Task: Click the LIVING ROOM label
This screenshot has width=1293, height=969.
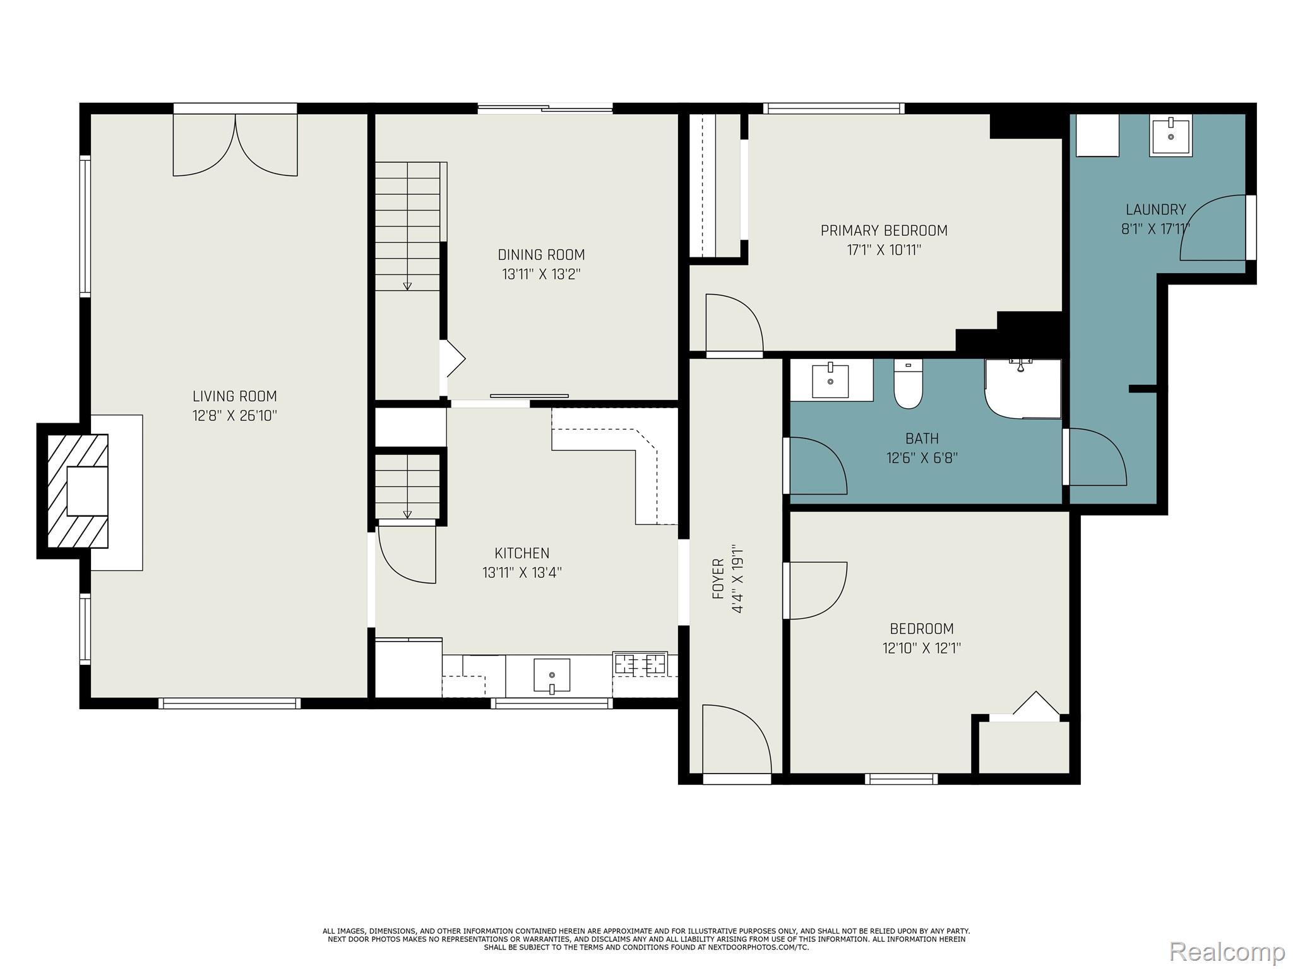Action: coord(234,396)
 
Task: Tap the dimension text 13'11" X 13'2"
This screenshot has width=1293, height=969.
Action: coord(541,274)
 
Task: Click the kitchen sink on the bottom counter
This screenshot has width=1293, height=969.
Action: coord(551,676)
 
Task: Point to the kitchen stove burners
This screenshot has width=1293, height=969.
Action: coord(641,664)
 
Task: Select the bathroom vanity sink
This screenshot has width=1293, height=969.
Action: coord(830,380)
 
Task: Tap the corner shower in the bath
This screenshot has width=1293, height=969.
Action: coord(1023,389)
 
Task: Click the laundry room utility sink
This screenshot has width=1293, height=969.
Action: coord(1171,136)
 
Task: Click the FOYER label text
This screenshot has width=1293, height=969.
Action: coord(718,578)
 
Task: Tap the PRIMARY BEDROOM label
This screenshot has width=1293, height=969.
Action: coord(884,231)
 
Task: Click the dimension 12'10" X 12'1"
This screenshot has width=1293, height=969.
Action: coord(921,648)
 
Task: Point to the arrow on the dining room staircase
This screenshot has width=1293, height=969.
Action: coord(407,286)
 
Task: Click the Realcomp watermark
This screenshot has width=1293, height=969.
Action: coord(1227,951)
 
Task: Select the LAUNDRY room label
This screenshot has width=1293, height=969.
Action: coord(1155,209)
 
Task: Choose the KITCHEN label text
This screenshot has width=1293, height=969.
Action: coord(521,553)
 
